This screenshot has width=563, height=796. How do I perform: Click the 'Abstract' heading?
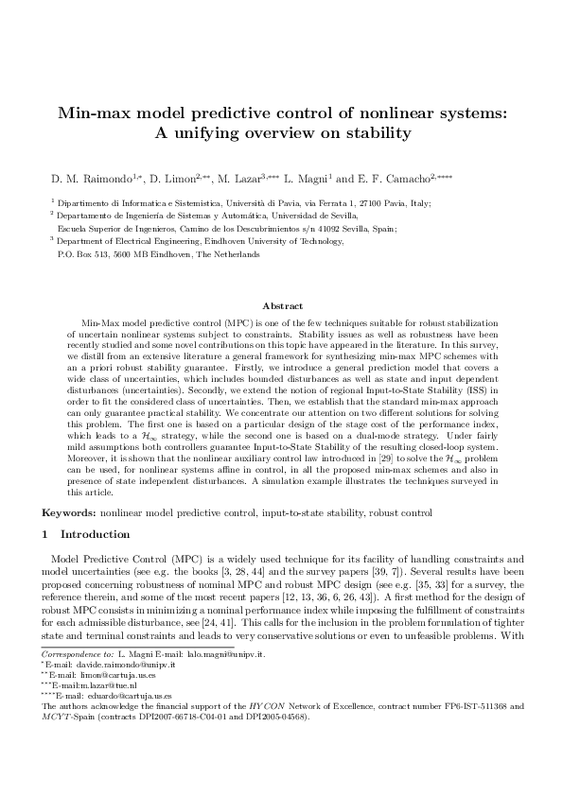pos(281,305)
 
